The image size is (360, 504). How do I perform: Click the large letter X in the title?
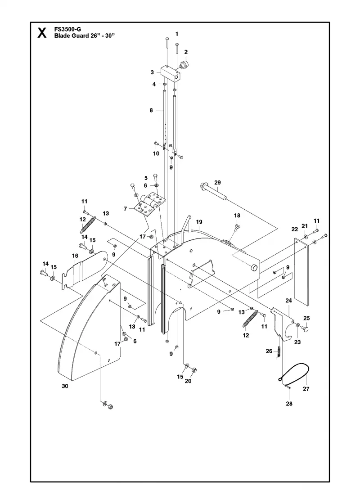point(42,33)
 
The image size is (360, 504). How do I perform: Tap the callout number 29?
point(217,183)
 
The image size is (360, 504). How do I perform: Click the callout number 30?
point(65,386)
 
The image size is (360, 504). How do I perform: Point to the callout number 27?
point(306,389)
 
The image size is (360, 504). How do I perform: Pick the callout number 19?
point(199,222)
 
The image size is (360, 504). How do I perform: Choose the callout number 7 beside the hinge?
point(126,209)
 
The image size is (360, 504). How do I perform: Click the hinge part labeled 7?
point(150,204)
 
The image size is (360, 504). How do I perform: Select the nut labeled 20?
point(194,370)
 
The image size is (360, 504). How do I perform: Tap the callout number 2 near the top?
point(186,52)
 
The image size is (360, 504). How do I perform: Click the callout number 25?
point(306,318)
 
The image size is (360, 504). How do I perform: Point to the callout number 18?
point(237,216)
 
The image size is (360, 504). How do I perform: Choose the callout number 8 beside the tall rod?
point(151,111)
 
